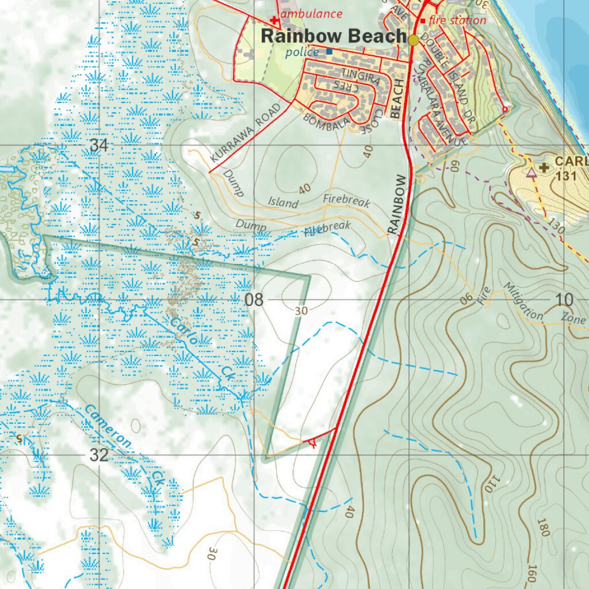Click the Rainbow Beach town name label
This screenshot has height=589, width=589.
(334, 36)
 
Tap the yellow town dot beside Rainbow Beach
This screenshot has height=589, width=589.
(414, 40)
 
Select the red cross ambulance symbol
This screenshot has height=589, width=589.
(274, 20)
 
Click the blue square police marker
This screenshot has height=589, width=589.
(329, 52)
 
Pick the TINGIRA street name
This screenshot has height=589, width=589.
(361, 76)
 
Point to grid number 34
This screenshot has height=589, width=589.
(99, 146)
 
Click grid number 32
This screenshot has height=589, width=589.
(99, 456)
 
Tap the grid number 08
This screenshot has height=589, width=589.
(254, 300)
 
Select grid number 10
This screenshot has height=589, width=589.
(565, 300)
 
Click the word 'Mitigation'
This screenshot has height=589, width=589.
(523, 301)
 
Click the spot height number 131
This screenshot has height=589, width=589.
(567, 177)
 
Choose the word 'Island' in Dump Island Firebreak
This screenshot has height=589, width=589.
(284, 202)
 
